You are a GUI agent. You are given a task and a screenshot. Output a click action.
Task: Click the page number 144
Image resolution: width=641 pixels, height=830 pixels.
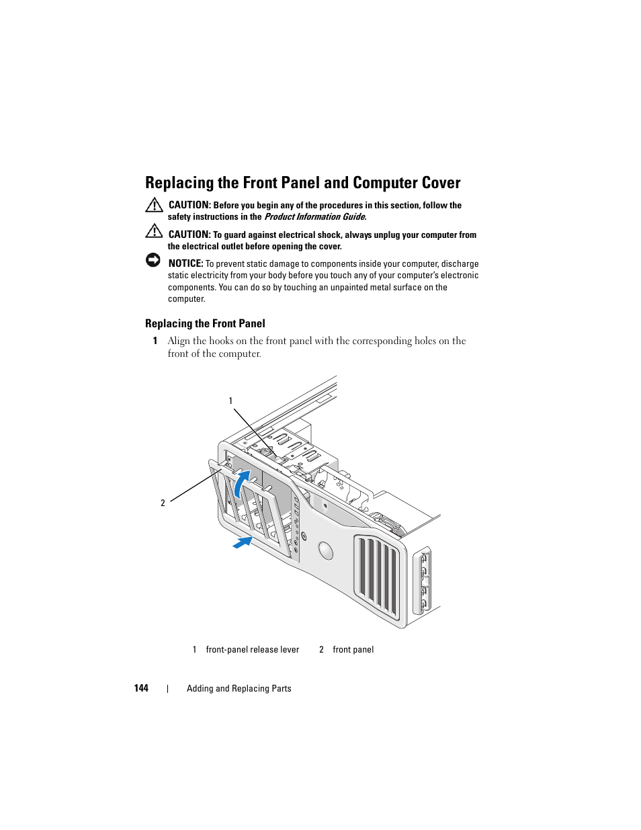click(141, 688)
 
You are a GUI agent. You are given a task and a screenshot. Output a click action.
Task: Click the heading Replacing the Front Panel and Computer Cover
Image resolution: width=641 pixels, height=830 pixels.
click(302, 183)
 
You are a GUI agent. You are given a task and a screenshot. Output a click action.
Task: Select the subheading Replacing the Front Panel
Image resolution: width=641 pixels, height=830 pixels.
click(205, 323)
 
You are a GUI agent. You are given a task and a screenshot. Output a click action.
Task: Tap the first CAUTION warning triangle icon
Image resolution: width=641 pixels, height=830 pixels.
click(154, 205)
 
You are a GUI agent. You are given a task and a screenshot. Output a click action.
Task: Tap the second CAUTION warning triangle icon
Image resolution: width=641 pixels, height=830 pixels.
click(154, 231)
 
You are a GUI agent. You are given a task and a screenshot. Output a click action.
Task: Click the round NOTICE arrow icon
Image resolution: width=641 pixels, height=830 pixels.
click(153, 260)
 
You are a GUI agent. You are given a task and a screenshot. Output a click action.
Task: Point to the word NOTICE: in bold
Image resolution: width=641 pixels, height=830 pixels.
click(185, 263)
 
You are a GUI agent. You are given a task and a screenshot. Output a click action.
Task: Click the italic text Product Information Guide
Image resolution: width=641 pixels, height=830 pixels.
click(314, 217)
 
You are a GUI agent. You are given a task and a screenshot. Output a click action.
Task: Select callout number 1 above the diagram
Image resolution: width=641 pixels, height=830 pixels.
click(230, 401)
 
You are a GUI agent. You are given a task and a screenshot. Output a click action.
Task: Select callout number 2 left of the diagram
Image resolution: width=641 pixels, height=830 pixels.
click(163, 503)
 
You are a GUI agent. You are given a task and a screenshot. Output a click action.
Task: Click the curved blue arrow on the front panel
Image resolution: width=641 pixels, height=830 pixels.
click(241, 482)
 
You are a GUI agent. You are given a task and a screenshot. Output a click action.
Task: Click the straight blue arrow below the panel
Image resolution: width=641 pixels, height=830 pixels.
click(243, 542)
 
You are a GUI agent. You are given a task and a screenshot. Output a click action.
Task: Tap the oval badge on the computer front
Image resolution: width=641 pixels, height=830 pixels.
click(326, 551)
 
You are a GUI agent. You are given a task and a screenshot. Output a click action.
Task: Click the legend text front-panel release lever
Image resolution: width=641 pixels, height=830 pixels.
click(252, 650)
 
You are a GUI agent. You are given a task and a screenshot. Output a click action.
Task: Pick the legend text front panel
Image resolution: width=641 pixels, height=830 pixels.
click(353, 650)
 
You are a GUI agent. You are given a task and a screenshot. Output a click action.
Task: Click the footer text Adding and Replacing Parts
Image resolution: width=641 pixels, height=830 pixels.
click(239, 689)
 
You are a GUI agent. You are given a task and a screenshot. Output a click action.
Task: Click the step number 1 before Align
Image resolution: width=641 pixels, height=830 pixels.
click(155, 341)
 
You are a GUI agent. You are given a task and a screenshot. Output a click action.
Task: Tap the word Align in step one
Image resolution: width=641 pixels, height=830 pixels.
click(179, 341)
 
